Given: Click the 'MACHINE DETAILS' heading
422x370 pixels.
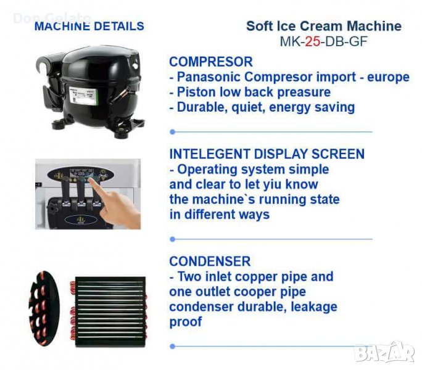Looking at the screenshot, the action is click(89, 26).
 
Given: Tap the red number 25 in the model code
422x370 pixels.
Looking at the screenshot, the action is click(312, 41).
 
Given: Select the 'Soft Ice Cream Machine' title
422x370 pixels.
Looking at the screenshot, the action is click(324, 26).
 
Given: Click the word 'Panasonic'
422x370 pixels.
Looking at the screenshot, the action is click(209, 77).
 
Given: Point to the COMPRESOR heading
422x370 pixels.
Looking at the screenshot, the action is click(211, 62).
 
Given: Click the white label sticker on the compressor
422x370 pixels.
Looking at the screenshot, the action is click(83, 96).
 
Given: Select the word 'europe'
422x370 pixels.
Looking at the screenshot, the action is click(388, 78).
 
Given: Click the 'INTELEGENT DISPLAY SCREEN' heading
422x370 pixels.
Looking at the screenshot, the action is click(267, 154).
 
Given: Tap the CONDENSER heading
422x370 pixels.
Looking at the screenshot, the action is click(210, 261).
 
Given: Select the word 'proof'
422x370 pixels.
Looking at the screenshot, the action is click(186, 322).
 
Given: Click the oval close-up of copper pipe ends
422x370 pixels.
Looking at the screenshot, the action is click(44, 308).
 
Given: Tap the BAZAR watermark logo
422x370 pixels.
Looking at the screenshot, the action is click(384, 351).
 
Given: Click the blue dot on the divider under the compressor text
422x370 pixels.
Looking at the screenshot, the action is click(173, 132).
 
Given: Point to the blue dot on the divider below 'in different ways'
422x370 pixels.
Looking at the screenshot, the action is click(173, 239).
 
